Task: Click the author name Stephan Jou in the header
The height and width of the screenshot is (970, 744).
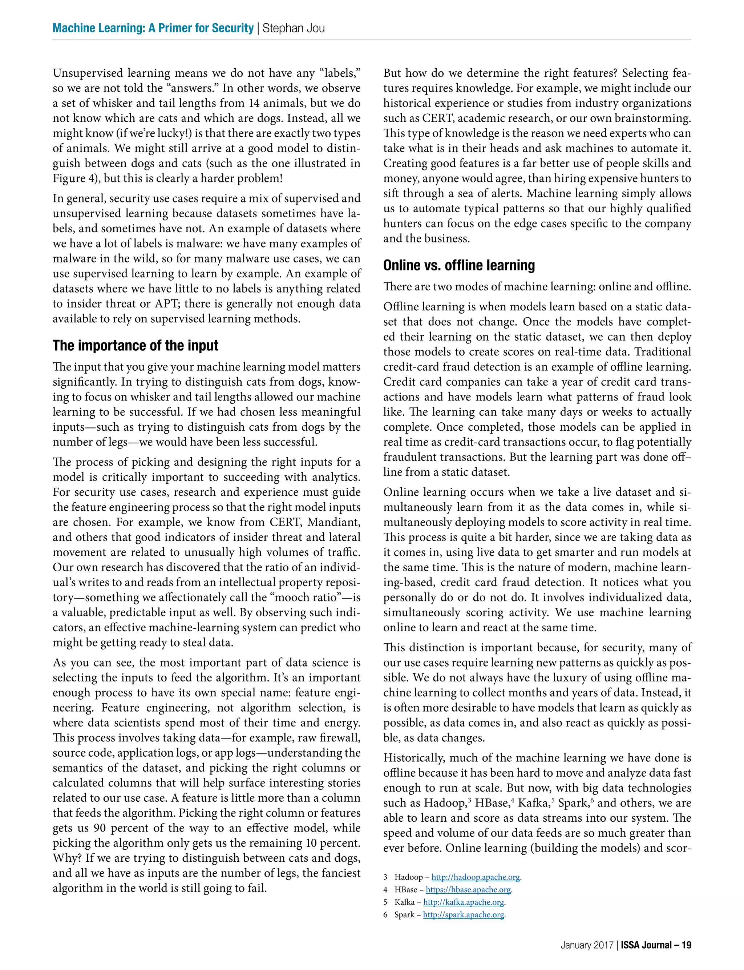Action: click(294, 28)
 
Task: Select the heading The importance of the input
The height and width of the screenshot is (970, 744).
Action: click(135, 346)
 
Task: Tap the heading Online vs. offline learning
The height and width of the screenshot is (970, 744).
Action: click(459, 265)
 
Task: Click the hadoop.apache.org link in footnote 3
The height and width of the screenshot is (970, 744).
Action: click(475, 877)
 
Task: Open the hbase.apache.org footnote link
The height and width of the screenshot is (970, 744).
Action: click(469, 890)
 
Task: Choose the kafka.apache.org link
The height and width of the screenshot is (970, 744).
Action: click(464, 902)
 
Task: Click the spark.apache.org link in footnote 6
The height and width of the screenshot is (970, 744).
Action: click(463, 915)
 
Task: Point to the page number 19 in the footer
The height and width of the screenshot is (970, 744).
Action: click(686, 945)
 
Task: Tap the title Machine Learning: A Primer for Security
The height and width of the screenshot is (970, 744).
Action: click(153, 28)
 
